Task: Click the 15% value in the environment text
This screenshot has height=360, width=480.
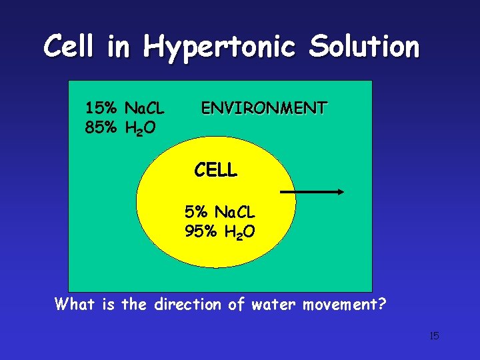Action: pos(101,107)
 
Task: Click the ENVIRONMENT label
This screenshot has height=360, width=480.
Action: pos(264,107)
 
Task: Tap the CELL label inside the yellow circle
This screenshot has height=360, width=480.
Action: pos(215,171)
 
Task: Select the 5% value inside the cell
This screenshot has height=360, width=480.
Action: pos(197,212)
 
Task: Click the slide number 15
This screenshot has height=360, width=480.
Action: pos(434,335)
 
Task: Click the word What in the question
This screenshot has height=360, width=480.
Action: pos(76,305)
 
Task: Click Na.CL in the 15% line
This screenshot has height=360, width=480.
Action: pos(145,107)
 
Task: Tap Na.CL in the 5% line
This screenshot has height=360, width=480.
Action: pos(234,212)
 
